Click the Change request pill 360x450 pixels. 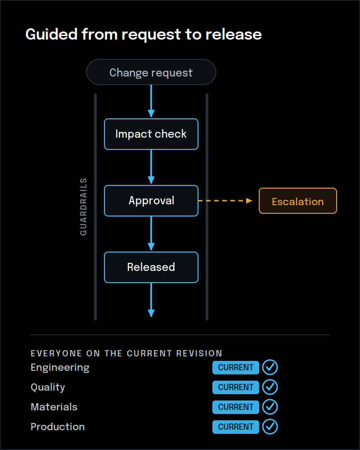[x=151, y=72]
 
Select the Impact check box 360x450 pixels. [x=151, y=134]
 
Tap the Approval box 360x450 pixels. [x=151, y=201]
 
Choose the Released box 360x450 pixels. [x=151, y=267]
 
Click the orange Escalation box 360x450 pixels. [x=298, y=201]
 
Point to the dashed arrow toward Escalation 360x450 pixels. [x=225, y=201]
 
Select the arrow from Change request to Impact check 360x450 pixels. [x=151, y=101]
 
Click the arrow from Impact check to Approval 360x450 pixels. [x=151, y=167]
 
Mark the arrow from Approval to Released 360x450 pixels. [x=151, y=234]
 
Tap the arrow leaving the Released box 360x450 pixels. [x=151, y=300]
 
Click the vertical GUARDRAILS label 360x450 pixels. [x=83, y=207]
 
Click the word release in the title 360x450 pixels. [x=234, y=35]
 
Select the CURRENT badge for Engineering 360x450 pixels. [x=236, y=368]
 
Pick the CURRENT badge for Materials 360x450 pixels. [x=236, y=407]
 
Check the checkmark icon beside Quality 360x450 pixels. [x=270, y=387]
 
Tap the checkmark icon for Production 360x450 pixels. [x=270, y=427]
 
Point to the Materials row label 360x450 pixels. [x=54, y=407]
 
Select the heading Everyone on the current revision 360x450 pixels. [x=126, y=353]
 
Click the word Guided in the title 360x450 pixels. [x=52, y=35]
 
